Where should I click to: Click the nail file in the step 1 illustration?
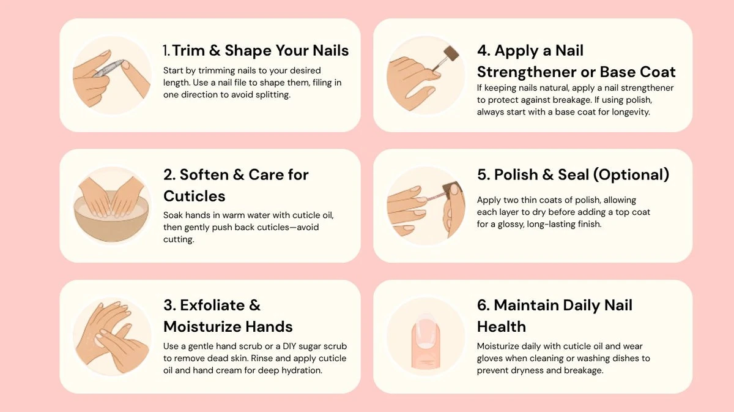coord(109,68)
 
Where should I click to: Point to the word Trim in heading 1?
coord(189,51)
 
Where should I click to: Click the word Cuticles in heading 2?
coord(195,196)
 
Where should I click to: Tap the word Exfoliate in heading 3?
coord(212,305)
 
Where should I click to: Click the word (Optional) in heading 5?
coord(631,174)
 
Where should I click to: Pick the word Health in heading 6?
coord(502,327)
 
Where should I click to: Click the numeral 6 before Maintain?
coord(483,305)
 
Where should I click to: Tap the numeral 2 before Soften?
coord(169,174)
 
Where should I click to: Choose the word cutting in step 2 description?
coord(179,239)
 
